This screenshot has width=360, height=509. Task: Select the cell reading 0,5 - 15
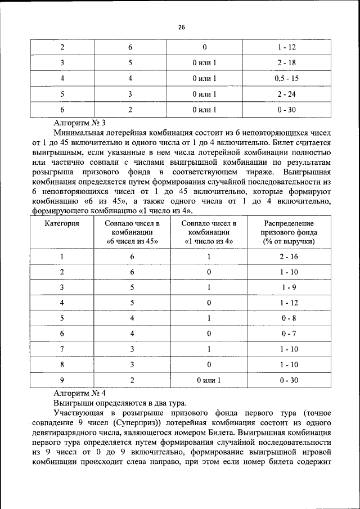(286, 78)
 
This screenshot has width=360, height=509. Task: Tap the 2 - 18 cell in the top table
(286, 63)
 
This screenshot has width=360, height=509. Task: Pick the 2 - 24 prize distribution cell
(286, 94)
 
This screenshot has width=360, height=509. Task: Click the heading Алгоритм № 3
(79, 121)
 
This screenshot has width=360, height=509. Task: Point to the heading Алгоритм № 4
(79, 393)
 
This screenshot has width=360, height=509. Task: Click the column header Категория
(62, 223)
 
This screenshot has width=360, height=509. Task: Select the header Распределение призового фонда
(289, 232)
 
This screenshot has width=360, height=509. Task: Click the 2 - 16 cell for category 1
(289, 256)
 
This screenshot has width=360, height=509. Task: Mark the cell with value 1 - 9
(289, 287)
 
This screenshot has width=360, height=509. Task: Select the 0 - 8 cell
(289, 318)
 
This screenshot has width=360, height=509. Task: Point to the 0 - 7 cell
(289, 334)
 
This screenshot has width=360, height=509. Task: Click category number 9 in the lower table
(62, 380)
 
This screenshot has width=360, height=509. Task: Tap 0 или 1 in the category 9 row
(208, 380)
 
